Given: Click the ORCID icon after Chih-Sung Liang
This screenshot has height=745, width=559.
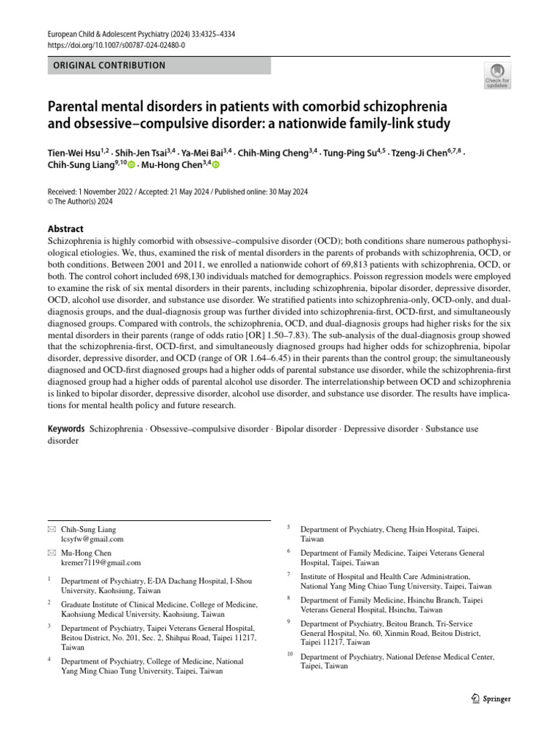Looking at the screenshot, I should (131, 166).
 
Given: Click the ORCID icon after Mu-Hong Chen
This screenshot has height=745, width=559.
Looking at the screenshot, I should (215, 166).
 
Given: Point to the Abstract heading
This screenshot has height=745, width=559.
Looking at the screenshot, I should (66, 228).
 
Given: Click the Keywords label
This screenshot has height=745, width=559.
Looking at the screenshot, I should (66, 429).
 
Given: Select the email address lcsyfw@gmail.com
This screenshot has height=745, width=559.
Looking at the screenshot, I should (92, 539).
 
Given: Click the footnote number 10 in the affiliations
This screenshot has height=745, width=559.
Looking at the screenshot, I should (290, 655).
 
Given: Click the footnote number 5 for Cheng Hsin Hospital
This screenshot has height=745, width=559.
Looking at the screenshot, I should (289, 527).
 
